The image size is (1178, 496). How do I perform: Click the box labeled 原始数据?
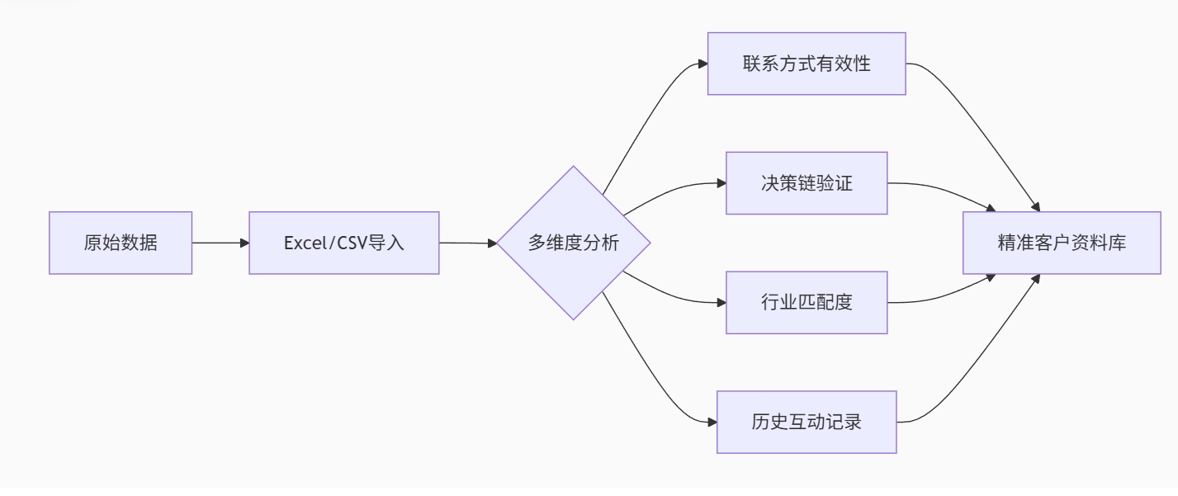coord(121,243)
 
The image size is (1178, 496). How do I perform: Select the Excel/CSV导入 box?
coord(344,243)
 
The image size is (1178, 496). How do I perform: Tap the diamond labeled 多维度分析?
coord(573,243)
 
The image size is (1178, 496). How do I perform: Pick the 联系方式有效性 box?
coord(807,64)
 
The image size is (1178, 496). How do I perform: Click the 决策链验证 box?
coord(807,183)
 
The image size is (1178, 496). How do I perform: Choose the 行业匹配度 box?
coord(807,302)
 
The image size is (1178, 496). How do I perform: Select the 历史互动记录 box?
coord(807,422)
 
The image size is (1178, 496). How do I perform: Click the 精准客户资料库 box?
coord(1062,243)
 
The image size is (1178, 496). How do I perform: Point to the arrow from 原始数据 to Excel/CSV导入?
coord(220,243)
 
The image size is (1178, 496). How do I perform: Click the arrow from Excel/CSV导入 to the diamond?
coord(466,243)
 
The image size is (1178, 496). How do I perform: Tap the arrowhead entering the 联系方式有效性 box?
coord(703,64)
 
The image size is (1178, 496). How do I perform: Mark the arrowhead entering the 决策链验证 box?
coord(721,183)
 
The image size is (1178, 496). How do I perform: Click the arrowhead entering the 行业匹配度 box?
coord(721,302)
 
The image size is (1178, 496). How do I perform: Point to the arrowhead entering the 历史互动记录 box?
coord(712,422)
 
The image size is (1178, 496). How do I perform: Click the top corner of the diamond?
coord(573,168)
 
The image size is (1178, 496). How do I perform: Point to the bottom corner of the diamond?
coord(573,318)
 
